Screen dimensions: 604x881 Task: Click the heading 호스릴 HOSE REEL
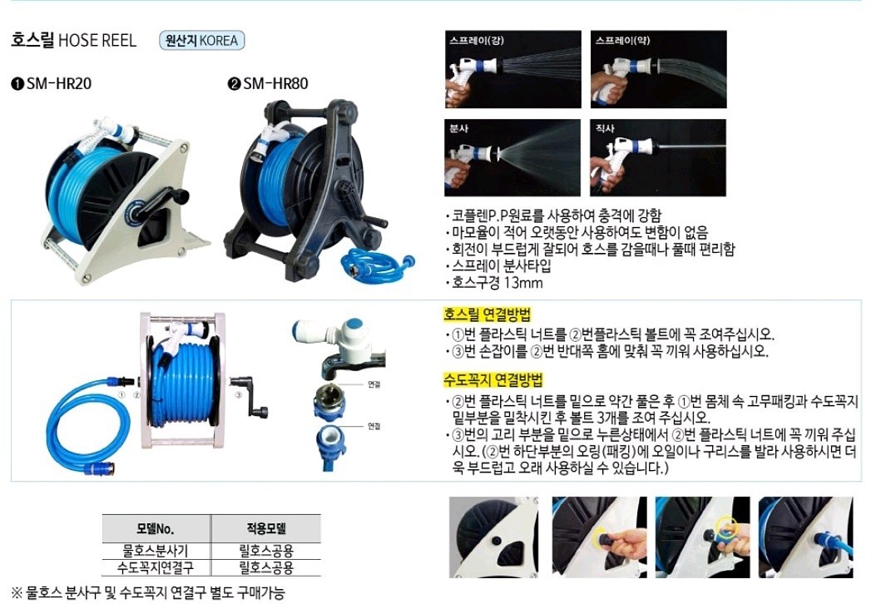[73, 40]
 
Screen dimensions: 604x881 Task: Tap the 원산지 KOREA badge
[201, 40]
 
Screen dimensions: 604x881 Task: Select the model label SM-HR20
[52, 84]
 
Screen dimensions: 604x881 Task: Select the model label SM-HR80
[269, 84]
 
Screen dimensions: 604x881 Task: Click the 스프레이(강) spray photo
[512, 69]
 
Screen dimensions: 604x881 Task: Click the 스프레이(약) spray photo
[658, 69]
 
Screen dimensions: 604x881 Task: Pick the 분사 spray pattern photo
[512, 157]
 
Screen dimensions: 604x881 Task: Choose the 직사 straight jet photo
[658, 157]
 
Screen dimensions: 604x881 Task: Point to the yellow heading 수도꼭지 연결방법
[492, 381]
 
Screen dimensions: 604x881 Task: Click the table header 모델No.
[155, 528]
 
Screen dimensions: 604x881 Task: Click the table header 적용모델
[265, 528]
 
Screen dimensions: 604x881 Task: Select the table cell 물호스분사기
[155, 550]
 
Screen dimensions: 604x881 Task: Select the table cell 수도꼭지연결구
[155, 567]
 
